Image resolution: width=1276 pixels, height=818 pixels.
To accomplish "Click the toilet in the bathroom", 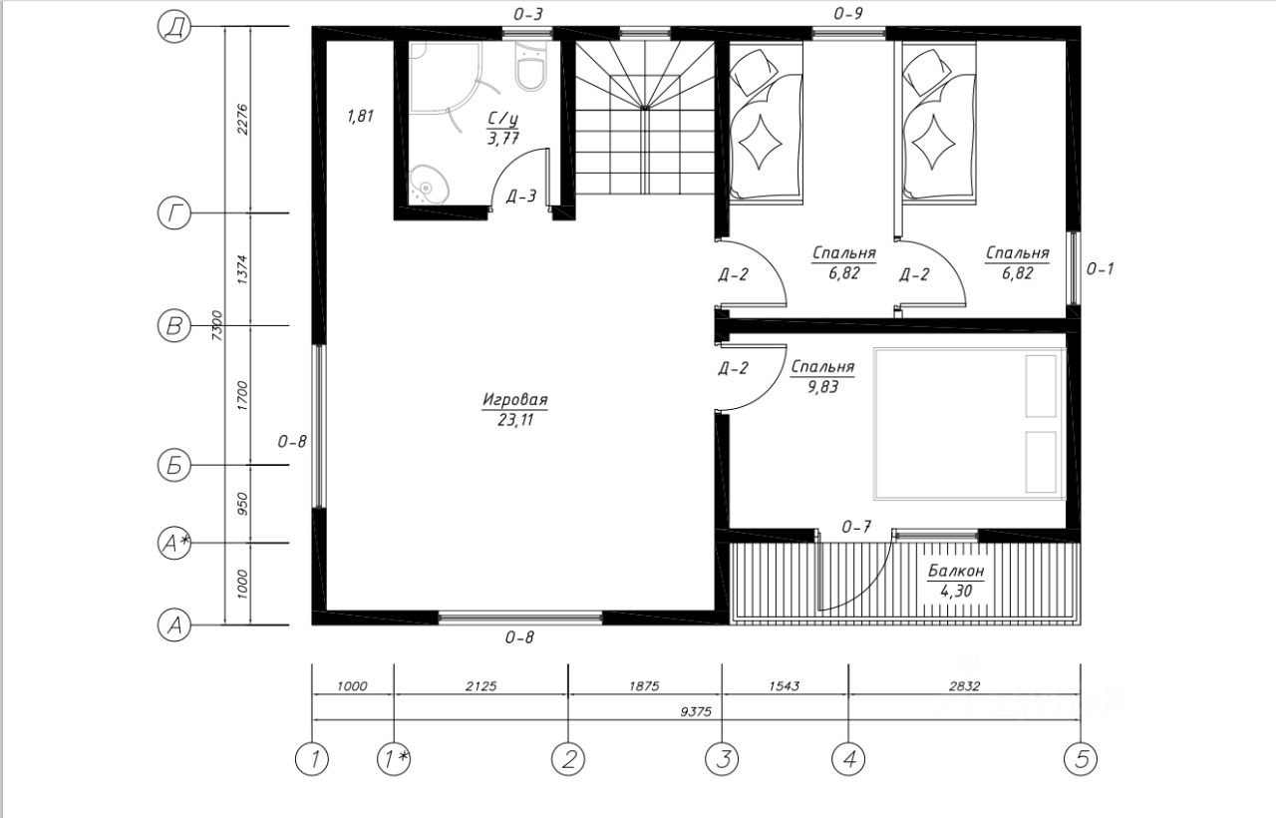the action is [x=531, y=66].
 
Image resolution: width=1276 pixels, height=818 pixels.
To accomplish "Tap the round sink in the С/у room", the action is [x=429, y=186].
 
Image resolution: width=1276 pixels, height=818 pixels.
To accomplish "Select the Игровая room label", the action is [x=515, y=400].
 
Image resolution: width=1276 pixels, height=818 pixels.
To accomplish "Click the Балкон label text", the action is [x=956, y=571].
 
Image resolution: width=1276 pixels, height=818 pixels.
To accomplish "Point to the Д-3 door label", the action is [x=521, y=197].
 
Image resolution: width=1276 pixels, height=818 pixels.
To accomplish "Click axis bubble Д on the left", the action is [x=173, y=27].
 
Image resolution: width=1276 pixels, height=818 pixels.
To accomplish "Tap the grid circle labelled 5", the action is [x=1081, y=759].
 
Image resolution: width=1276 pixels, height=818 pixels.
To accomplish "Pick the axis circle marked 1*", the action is [x=394, y=759].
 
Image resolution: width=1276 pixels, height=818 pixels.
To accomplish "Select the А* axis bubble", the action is [x=173, y=543].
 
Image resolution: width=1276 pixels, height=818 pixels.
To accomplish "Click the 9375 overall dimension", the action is [x=696, y=712].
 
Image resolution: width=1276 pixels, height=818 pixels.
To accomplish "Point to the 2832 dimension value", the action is [x=964, y=686].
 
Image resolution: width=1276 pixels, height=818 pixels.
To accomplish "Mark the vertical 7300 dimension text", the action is [x=216, y=325].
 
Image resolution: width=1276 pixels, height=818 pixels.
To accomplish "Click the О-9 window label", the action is [x=848, y=14].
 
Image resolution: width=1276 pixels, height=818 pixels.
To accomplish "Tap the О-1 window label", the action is [x=1100, y=269].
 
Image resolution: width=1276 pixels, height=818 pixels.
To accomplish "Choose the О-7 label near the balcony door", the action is [x=856, y=528].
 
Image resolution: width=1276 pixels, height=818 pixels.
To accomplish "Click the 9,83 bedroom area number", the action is [x=822, y=387].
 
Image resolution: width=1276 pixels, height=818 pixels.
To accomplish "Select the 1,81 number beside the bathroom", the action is [x=360, y=117].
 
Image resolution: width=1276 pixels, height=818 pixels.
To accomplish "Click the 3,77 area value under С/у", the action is [x=503, y=139].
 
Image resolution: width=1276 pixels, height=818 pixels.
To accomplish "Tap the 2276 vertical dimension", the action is [x=242, y=119].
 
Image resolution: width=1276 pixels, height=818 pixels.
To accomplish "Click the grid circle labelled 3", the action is [x=722, y=759].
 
